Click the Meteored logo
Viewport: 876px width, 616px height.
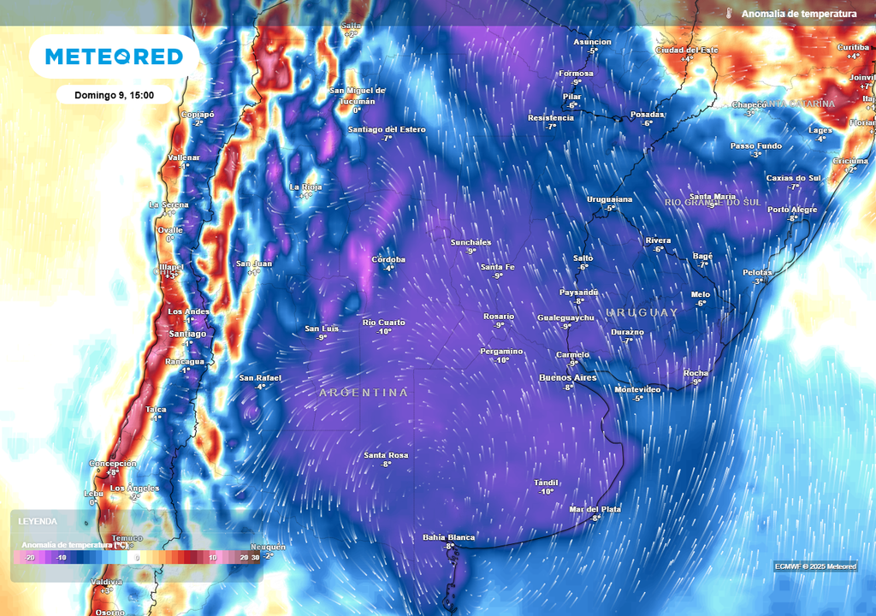click(114, 56)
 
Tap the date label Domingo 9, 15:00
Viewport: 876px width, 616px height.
click(114, 95)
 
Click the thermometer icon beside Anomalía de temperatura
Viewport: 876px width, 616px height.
click(730, 14)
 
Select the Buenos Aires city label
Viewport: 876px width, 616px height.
click(567, 377)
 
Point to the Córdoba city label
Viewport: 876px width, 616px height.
click(388, 259)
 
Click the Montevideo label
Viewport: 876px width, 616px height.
click(637, 389)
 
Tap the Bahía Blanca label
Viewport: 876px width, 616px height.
click(448, 537)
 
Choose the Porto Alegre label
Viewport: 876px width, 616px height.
click(793, 210)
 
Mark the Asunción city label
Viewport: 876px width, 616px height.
click(592, 42)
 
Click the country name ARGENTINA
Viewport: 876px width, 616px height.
click(364, 392)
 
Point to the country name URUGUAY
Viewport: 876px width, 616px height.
click(642, 312)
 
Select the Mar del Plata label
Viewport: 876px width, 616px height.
click(595, 509)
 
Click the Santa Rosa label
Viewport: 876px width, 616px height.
click(386, 454)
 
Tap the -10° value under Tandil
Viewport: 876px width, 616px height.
click(546, 491)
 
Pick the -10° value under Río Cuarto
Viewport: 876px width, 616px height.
click(384, 331)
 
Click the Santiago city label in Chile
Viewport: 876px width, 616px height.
click(187, 334)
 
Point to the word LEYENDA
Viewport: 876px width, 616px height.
click(38, 521)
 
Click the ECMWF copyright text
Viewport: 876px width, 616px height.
click(815, 566)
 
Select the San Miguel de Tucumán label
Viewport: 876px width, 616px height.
click(358, 95)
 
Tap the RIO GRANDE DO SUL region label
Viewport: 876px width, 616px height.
click(713, 202)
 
